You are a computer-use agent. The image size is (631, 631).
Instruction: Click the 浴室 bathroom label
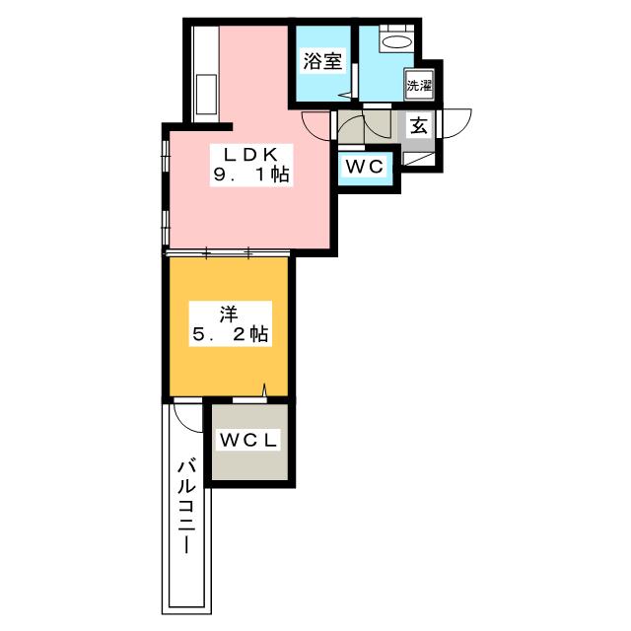pyautogui.click(x=322, y=61)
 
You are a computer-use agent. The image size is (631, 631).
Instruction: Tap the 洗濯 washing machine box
pyautogui.click(x=419, y=86)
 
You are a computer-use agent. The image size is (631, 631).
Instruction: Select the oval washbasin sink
pyautogui.click(x=396, y=41)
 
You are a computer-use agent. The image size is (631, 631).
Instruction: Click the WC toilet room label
pyautogui.click(x=365, y=167)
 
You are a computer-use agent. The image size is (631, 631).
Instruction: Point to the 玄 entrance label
pyautogui.click(x=418, y=126)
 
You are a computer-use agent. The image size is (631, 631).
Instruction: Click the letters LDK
pyautogui.click(x=250, y=155)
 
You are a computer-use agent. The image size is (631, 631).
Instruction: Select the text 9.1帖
pyautogui.click(x=251, y=175)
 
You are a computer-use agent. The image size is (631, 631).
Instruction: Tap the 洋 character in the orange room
pyautogui.click(x=229, y=315)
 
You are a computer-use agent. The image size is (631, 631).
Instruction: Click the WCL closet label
pyautogui.click(x=248, y=441)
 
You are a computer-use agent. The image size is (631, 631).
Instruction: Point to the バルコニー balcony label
pyautogui.click(x=186, y=508)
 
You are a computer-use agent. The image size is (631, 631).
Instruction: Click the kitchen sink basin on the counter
pyautogui.click(x=206, y=95)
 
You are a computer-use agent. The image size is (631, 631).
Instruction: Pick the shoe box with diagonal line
pyautogui.click(x=418, y=159)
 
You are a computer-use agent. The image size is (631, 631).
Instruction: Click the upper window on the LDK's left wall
pyautogui.click(x=165, y=157)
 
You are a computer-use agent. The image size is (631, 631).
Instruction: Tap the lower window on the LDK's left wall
pyautogui.click(x=165, y=228)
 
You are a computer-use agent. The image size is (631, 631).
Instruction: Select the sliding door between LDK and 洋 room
pyautogui.click(x=228, y=253)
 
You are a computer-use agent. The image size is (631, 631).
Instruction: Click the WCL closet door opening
pyautogui.click(x=249, y=400)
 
